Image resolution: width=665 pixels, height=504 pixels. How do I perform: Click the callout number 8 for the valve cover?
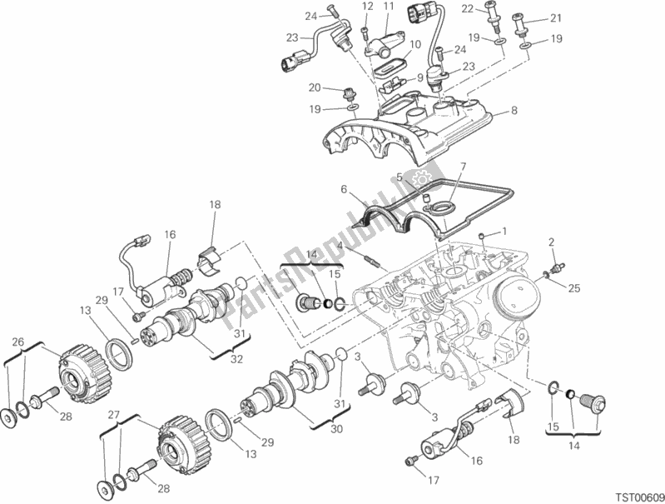pos(514,110)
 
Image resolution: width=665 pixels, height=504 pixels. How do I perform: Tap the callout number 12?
pos(367,7)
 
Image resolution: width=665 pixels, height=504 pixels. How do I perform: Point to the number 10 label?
pos(414,45)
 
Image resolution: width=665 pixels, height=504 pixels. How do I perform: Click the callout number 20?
pos(314,87)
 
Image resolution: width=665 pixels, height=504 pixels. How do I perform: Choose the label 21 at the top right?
pos(555,18)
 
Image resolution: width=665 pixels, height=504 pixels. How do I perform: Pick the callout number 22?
pos(491,8)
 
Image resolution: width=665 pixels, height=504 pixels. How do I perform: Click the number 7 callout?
pos(463,166)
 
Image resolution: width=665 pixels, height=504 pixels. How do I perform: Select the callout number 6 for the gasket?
pos(343,190)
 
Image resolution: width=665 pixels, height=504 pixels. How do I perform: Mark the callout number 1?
pos(503,231)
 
